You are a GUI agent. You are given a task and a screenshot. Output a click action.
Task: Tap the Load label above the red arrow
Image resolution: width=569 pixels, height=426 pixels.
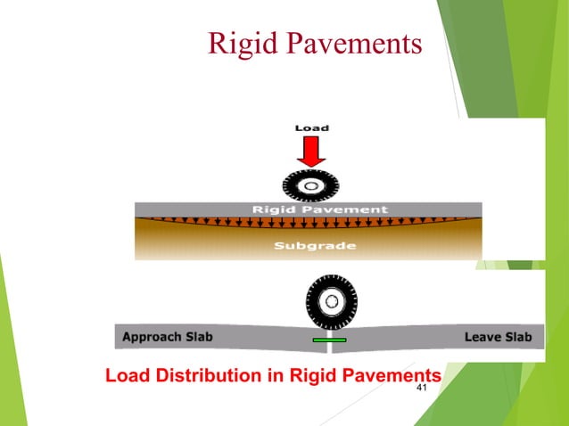point(311,128)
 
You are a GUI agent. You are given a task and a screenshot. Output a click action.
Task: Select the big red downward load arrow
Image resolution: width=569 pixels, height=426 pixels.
point(311,152)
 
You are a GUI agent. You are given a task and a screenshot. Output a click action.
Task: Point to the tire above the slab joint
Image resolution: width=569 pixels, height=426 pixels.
point(331,301)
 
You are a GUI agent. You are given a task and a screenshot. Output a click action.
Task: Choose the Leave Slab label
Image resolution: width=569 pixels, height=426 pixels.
point(498,338)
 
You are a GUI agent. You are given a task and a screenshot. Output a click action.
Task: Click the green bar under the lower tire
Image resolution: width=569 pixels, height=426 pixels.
point(328,340)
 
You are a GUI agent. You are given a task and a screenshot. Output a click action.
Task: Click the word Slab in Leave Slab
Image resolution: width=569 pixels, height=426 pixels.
point(516,338)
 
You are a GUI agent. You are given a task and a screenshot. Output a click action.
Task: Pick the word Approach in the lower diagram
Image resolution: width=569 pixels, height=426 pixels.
point(152,338)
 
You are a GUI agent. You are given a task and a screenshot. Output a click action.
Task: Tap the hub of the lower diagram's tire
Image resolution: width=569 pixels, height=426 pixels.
point(331,301)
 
